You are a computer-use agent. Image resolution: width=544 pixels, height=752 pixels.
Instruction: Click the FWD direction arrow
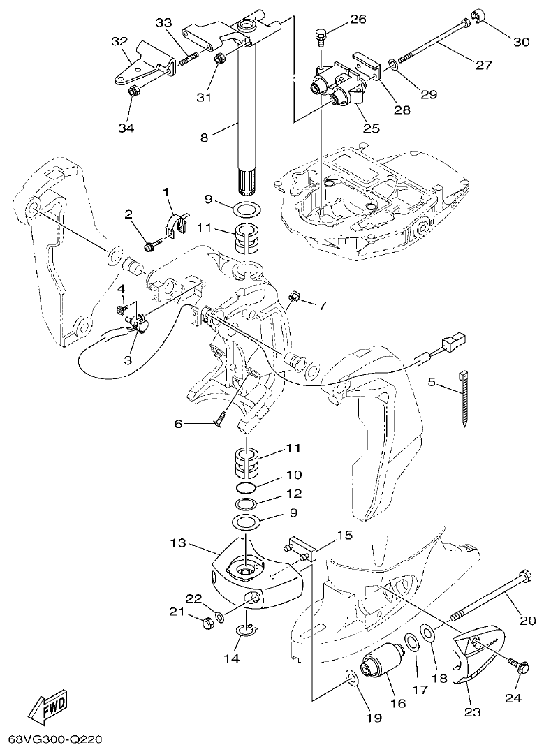(47, 710)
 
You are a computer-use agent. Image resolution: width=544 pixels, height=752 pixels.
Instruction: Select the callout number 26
(358, 19)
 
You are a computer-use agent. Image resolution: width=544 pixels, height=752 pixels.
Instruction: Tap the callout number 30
(521, 42)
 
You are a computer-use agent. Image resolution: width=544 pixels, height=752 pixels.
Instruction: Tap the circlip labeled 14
(245, 633)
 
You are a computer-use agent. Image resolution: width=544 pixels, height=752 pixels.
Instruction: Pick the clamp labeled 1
(175, 223)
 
